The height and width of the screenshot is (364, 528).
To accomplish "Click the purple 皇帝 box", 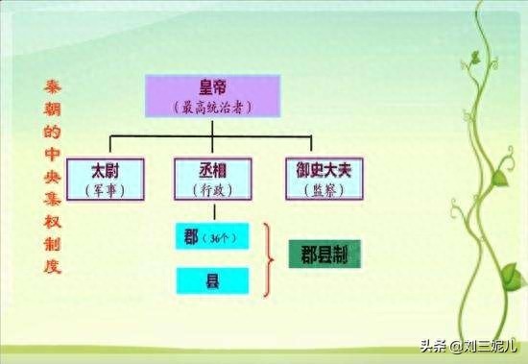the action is (x=212, y=95).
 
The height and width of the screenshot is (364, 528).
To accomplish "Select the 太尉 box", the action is (x=107, y=178).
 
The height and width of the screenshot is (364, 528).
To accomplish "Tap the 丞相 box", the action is (x=212, y=178).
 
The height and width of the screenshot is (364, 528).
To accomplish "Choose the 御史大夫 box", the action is (x=324, y=178).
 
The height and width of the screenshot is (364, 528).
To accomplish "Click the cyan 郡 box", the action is (x=212, y=234).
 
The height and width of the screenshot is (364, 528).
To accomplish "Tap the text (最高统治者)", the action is (x=212, y=107).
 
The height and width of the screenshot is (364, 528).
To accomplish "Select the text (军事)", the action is (x=107, y=190).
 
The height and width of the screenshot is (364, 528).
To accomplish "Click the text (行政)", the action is (x=212, y=190).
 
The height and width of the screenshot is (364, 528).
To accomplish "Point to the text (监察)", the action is (x=324, y=190).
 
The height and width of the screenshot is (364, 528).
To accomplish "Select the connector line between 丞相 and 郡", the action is (x=212, y=211).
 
